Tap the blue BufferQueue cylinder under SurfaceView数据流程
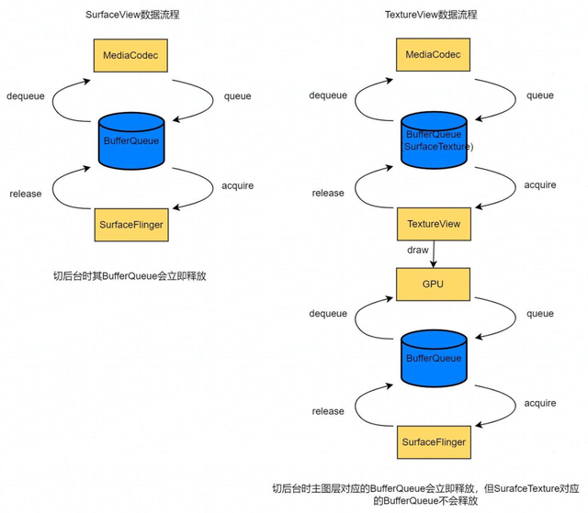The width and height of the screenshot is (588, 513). (131, 141)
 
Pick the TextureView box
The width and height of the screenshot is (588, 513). (433, 224)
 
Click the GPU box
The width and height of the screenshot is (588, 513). (433, 284)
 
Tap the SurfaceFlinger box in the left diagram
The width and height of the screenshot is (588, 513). (131, 224)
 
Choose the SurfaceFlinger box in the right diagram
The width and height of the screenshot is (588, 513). (433, 443)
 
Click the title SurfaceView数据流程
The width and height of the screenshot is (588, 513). (131, 16)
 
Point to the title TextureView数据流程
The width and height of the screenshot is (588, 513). (432, 16)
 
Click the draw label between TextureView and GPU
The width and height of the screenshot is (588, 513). (419, 251)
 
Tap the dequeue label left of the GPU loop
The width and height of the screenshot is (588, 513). (328, 314)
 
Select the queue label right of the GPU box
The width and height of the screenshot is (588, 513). (539, 314)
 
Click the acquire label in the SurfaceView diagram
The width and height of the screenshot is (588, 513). (237, 185)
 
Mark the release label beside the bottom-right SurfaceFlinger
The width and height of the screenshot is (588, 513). (328, 411)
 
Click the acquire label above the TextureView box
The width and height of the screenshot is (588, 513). (539, 185)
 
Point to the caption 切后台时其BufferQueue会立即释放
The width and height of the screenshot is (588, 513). (131, 275)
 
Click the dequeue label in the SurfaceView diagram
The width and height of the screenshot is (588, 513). (26, 95)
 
